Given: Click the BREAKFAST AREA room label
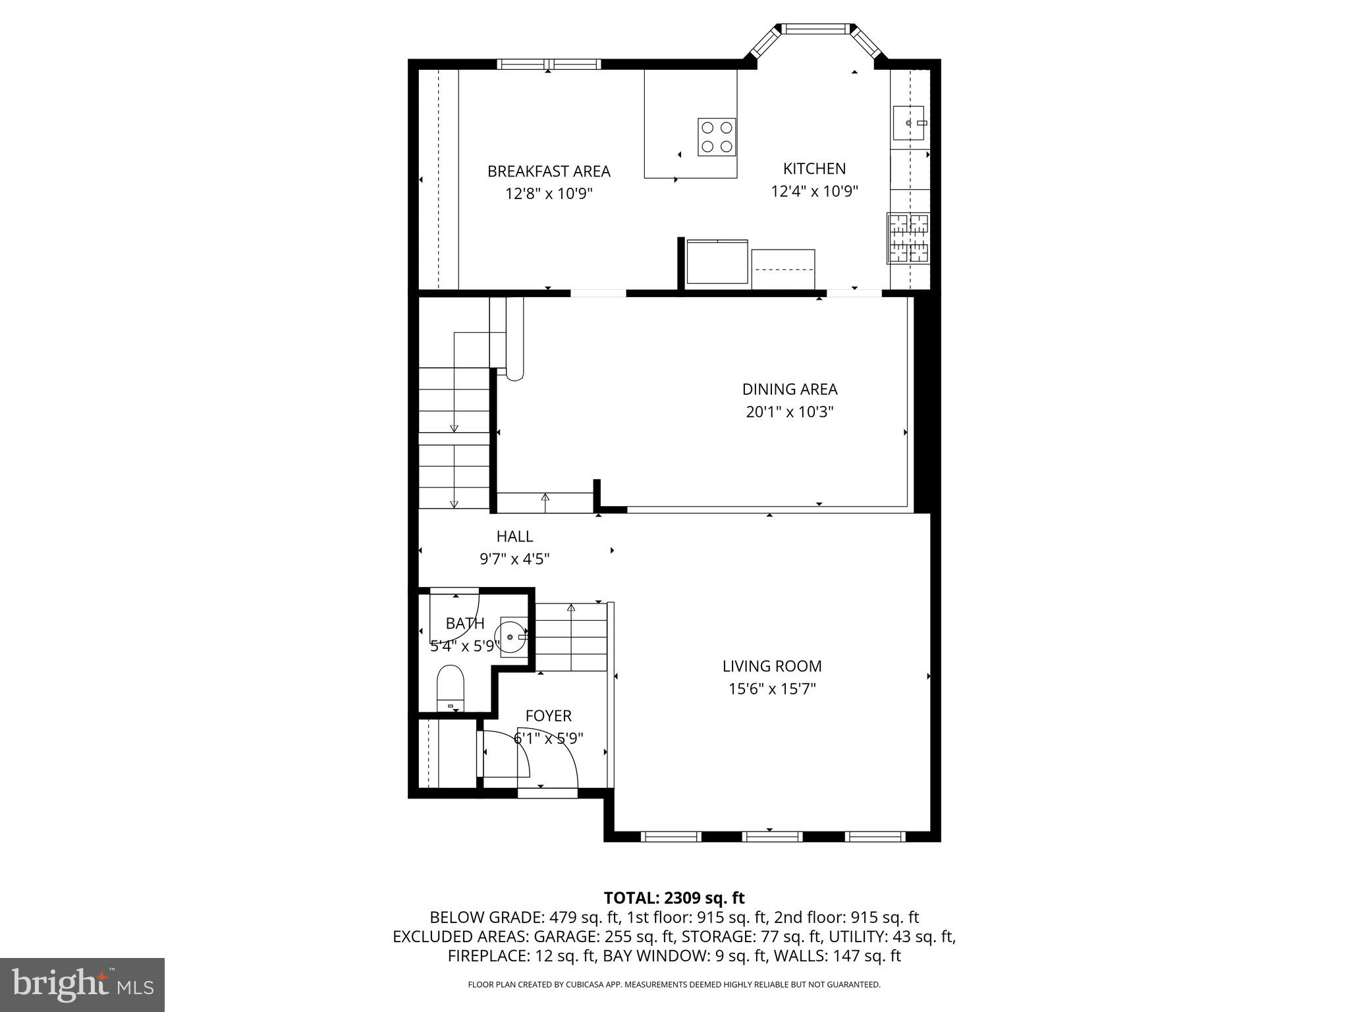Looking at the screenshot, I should pos(549,171).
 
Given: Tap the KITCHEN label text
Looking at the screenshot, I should pos(814,169).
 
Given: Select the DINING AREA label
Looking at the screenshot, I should pos(790,389).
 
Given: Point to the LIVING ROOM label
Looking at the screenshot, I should pos(772,666).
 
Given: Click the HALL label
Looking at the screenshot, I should pos(514,536).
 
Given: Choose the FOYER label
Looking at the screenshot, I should pos(548,716).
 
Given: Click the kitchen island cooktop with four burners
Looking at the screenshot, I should pos(717,137).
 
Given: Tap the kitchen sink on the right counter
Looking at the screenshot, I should pos(908,123).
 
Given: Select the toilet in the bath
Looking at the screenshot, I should pos(451,687).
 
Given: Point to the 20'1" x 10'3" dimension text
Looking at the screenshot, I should pos(790,412).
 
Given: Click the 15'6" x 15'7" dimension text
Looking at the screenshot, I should pos(772,689).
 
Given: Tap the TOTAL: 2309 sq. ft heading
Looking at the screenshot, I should pos(674,897).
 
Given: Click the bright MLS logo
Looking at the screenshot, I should pos(82,984).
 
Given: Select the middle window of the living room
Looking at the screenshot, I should pos(772,837).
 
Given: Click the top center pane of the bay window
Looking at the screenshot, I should pos(815,29).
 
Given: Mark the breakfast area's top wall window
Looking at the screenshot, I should pos(549,64).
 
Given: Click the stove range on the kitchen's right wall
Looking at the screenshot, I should pos(908,239).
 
